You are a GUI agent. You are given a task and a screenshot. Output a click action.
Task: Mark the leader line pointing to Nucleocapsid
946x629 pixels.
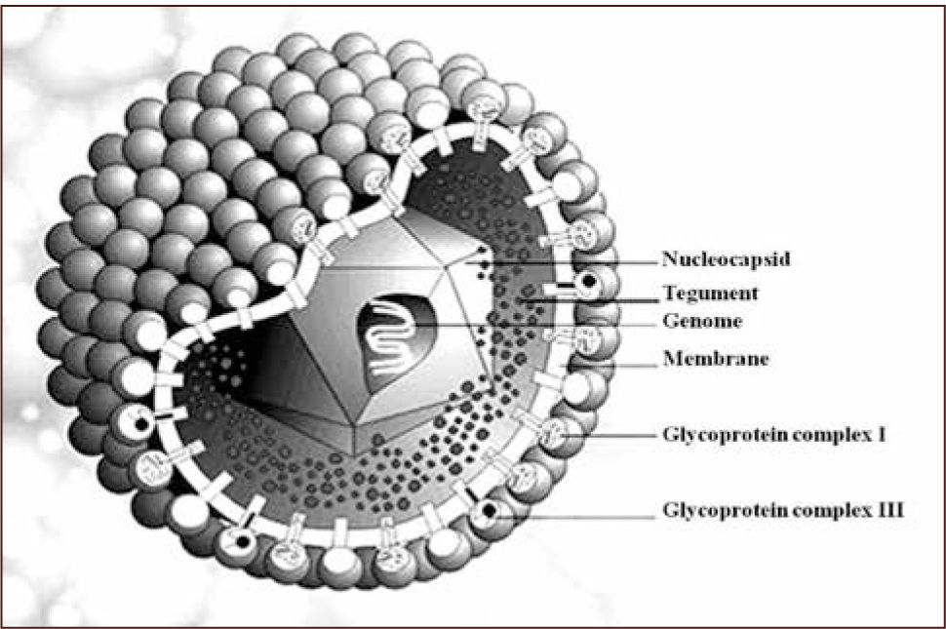[x=575, y=261]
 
